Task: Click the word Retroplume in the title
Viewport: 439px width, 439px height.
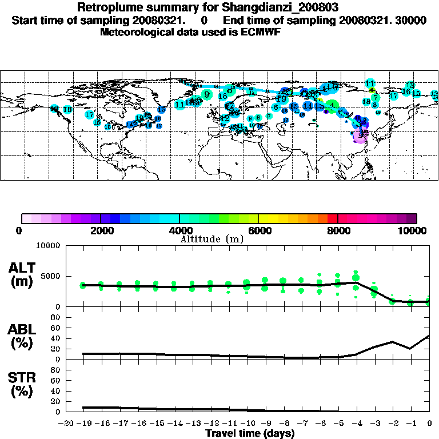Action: click(x=107, y=7)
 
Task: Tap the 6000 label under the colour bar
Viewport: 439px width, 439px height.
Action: click(x=258, y=231)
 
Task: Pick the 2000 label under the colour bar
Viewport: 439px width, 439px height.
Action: click(x=100, y=231)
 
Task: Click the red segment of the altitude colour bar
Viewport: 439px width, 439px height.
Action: click(x=333, y=218)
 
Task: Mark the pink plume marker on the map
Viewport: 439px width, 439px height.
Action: click(x=360, y=136)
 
